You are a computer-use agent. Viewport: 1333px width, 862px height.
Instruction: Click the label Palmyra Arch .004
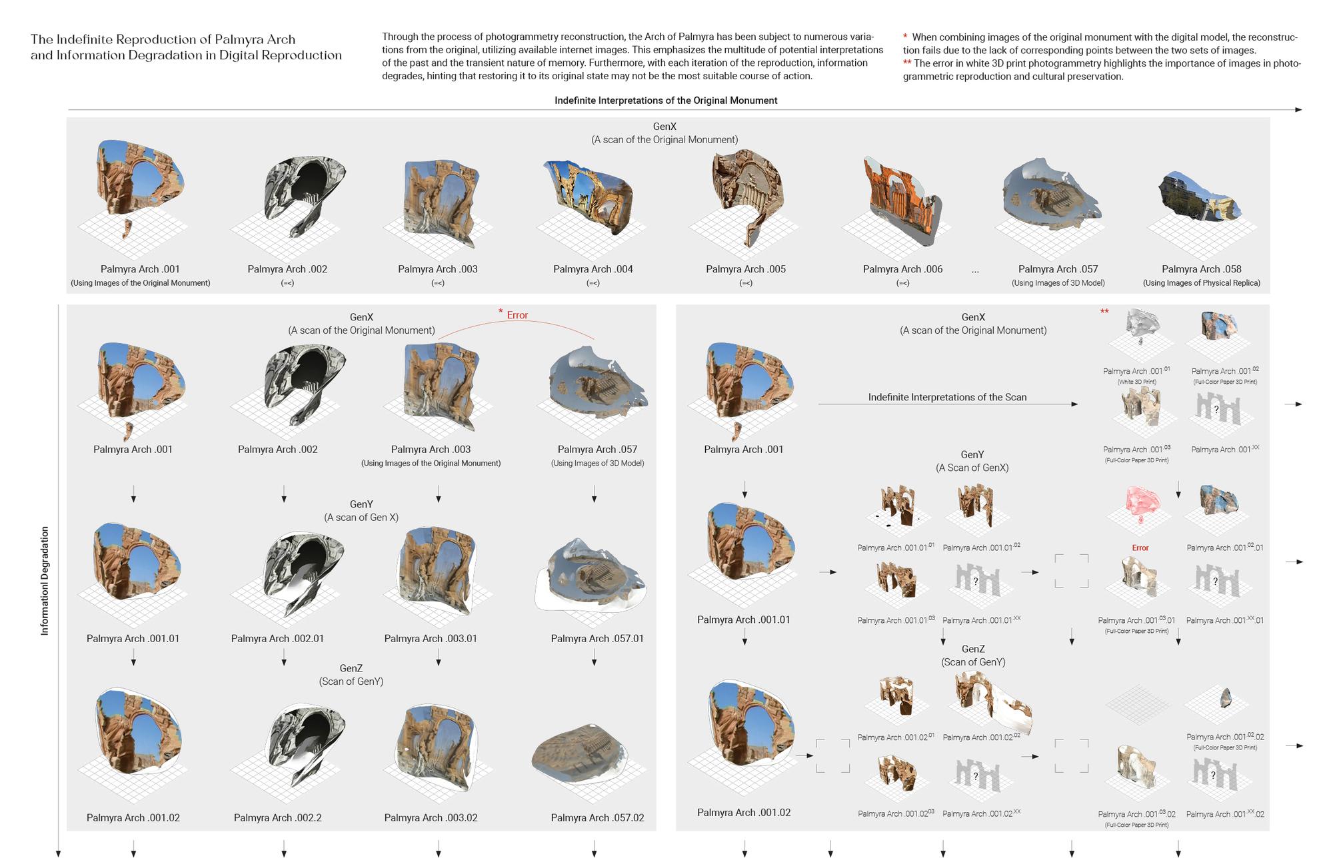point(593,269)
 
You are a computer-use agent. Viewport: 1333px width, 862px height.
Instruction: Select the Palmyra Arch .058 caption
point(1201,269)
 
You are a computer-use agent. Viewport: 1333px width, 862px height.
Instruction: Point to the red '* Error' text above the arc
point(514,314)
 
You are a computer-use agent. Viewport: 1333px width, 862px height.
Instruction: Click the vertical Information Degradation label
point(45,580)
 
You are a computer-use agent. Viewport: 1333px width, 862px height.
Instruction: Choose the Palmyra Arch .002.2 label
point(277,817)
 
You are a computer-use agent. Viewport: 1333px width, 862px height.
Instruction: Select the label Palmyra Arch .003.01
point(431,638)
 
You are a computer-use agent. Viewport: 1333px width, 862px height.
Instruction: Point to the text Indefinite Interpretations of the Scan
point(947,397)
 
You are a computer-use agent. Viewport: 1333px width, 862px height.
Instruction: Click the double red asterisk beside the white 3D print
point(1104,311)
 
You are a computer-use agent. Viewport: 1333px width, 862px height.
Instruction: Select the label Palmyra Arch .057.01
point(597,638)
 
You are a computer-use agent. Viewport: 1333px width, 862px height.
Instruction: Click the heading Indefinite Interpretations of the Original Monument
point(666,100)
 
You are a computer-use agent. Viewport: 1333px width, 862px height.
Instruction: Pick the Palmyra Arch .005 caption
point(746,269)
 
